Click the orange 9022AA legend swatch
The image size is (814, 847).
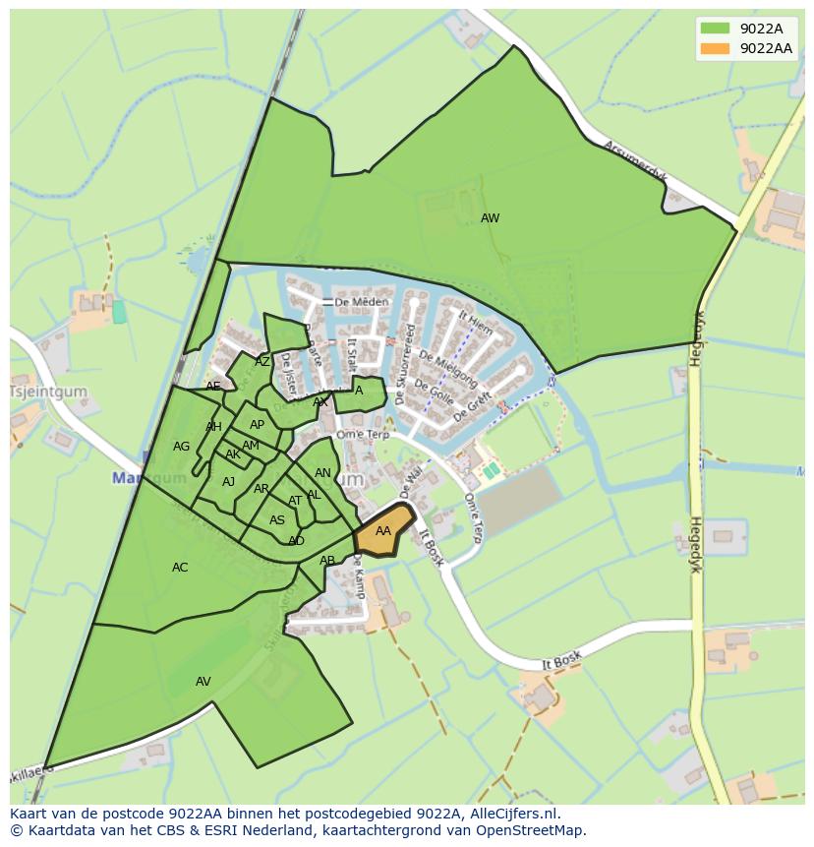(715, 48)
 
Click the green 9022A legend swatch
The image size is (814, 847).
(715, 29)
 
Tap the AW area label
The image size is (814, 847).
(490, 218)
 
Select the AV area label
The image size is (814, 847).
(203, 681)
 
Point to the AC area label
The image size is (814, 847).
(180, 568)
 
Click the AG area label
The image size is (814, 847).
(181, 447)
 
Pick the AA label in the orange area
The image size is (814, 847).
(383, 531)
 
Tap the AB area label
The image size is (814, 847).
(327, 561)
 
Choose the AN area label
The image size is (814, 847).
(322, 473)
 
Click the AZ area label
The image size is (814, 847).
(262, 362)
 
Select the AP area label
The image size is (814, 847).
(257, 425)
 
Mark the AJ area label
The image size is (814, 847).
(228, 482)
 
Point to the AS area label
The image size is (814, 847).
(277, 520)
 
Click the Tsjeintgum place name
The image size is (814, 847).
(48, 392)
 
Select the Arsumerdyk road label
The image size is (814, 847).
(635, 162)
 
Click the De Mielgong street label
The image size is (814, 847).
(447, 367)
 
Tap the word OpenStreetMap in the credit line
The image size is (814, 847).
(532, 830)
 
